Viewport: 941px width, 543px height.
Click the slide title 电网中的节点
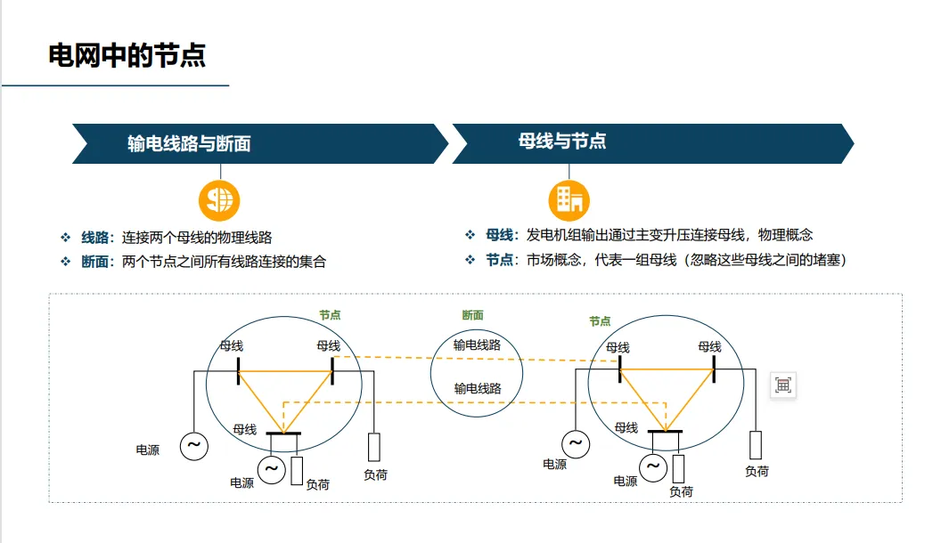(127, 55)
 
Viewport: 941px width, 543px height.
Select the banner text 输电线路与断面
(189, 143)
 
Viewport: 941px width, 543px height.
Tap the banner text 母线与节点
(562, 141)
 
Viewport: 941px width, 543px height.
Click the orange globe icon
(219, 199)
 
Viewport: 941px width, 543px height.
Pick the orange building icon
(569, 199)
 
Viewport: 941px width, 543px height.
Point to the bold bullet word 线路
(95, 238)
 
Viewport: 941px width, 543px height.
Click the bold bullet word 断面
(95, 262)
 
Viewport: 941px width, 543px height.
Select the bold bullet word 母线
(500, 235)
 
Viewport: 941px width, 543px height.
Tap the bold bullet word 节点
(500, 260)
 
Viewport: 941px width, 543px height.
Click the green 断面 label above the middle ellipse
(473, 315)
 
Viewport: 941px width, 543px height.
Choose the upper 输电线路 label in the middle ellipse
(477, 344)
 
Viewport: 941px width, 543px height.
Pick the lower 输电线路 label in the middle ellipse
(478, 388)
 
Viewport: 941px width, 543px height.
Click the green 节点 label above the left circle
(330, 315)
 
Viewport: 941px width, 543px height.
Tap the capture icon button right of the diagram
(783, 385)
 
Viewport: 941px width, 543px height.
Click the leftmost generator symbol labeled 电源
(193, 446)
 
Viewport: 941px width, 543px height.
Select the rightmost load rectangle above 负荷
(756, 444)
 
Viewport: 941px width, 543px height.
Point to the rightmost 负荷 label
(757, 471)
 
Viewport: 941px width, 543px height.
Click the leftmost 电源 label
(148, 450)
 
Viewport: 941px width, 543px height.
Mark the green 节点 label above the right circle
(600, 320)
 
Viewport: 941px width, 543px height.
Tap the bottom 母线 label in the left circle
(245, 429)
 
